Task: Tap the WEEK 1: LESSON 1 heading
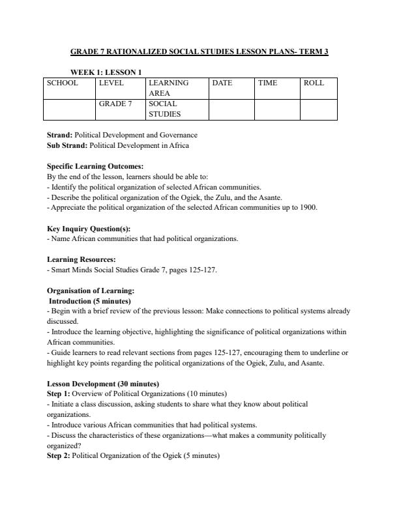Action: coord(106,72)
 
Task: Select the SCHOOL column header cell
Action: coord(63,83)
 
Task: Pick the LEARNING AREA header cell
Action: coord(168,88)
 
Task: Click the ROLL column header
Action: coord(314,83)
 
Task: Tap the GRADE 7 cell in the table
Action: coord(115,104)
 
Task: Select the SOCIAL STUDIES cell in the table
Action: coord(164,109)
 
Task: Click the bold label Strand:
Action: coord(60,135)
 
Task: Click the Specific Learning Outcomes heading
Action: coord(95,166)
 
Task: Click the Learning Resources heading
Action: coord(81,259)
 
